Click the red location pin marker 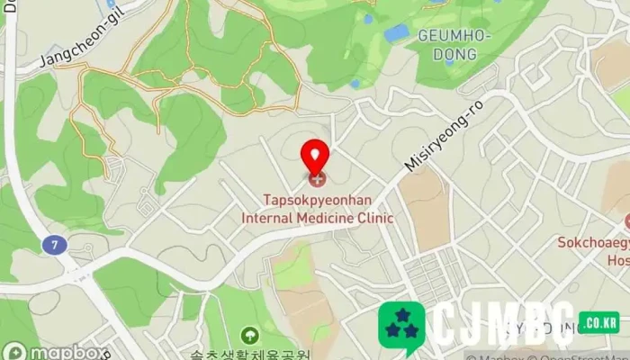(x=315, y=159)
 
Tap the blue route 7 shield (x=55, y=244)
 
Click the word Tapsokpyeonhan (x=315, y=200)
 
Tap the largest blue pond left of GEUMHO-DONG (x=396, y=34)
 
